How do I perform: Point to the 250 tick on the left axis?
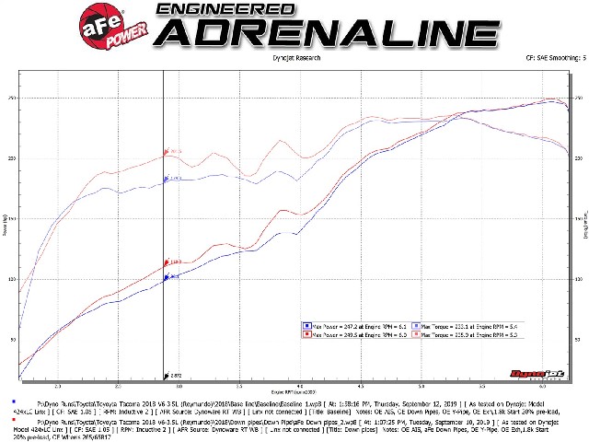[12, 98]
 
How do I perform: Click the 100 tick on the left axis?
[12, 279]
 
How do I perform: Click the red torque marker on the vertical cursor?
[167, 153]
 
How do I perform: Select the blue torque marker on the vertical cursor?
[166, 180]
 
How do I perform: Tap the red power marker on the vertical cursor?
[166, 262]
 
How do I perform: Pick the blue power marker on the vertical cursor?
[166, 276]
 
